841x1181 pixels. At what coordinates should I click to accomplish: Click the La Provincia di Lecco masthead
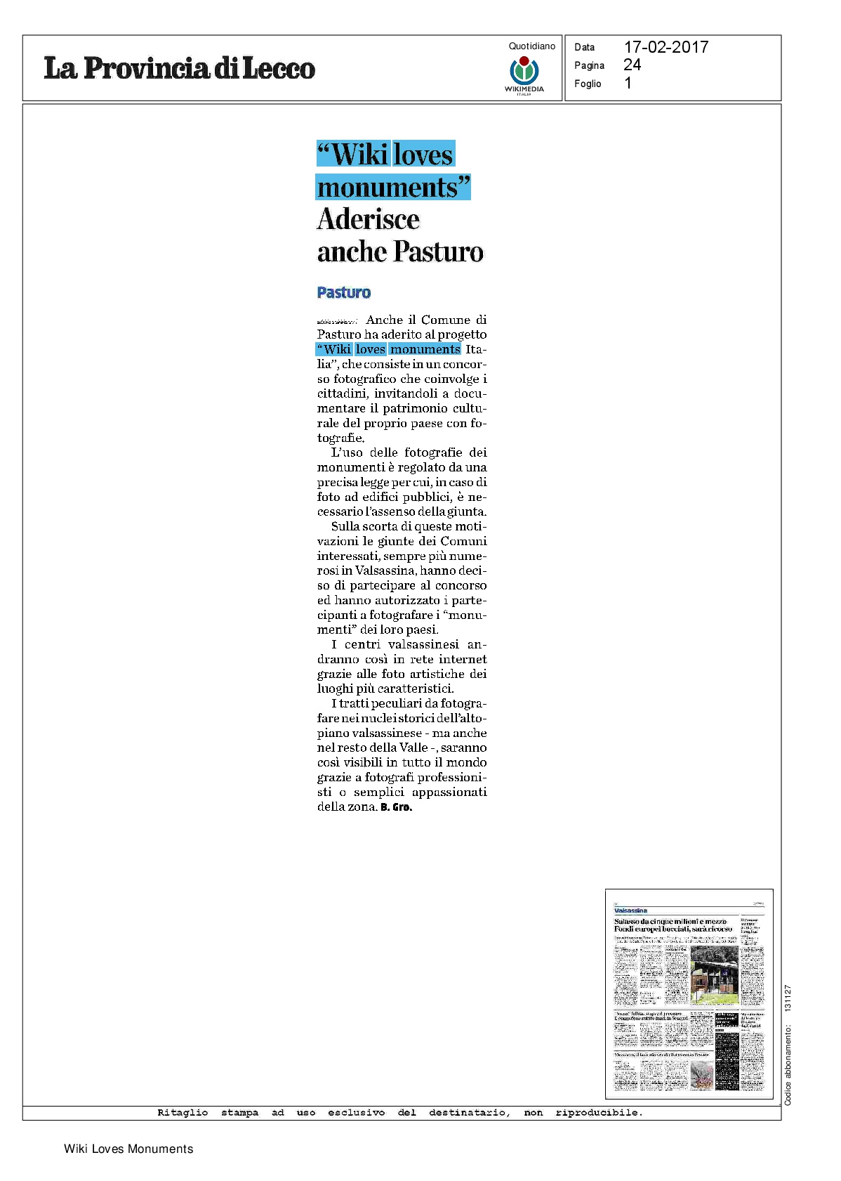[x=179, y=68]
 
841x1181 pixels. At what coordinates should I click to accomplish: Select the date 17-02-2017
[x=665, y=47]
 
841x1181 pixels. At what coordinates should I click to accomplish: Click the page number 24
[x=632, y=65]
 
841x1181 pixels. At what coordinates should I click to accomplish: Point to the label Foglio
[x=588, y=84]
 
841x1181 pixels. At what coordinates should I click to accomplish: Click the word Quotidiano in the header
[x=531, y=46]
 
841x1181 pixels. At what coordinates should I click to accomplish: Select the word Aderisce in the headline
[x=369, y=219]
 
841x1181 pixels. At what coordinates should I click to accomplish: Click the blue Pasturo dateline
[x=343, y=292]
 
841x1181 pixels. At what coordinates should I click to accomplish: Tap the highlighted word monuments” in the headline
[x=393, y=188]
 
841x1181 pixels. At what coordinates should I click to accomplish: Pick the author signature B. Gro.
[x=396, y=807]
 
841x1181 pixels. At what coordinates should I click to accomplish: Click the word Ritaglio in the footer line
[x=183, y=1112]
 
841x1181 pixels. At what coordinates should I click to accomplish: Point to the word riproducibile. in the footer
[x=599, y=1112]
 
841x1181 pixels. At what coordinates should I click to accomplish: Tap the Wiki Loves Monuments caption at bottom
[x=128, y=1149]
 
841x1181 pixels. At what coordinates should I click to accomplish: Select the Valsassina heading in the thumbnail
[x=630, y=911]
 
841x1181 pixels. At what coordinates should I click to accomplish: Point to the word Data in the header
[x=584, y=48]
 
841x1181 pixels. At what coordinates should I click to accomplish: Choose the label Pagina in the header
[x=589, y=65]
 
